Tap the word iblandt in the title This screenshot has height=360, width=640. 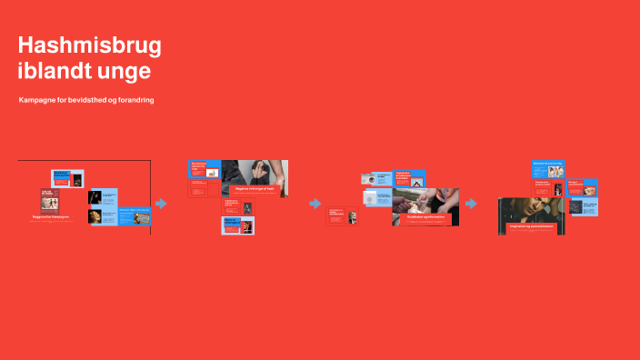[x=55, y=70]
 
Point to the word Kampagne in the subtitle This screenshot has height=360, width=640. [x=40, y=100]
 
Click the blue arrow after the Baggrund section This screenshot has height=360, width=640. [x=162, y=204]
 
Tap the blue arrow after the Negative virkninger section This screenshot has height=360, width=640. [x=315, y=204]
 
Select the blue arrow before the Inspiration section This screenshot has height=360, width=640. [x=471, y=204]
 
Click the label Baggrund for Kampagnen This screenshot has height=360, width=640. [x=52, y=219]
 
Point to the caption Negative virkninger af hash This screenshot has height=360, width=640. [x=254, y=188]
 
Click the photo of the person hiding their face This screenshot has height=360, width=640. [x=255, y=172]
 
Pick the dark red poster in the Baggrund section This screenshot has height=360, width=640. [x=50, y=201]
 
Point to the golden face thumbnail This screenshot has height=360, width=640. [x=95, y=216]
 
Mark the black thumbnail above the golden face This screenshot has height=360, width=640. [x=95, y=196]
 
